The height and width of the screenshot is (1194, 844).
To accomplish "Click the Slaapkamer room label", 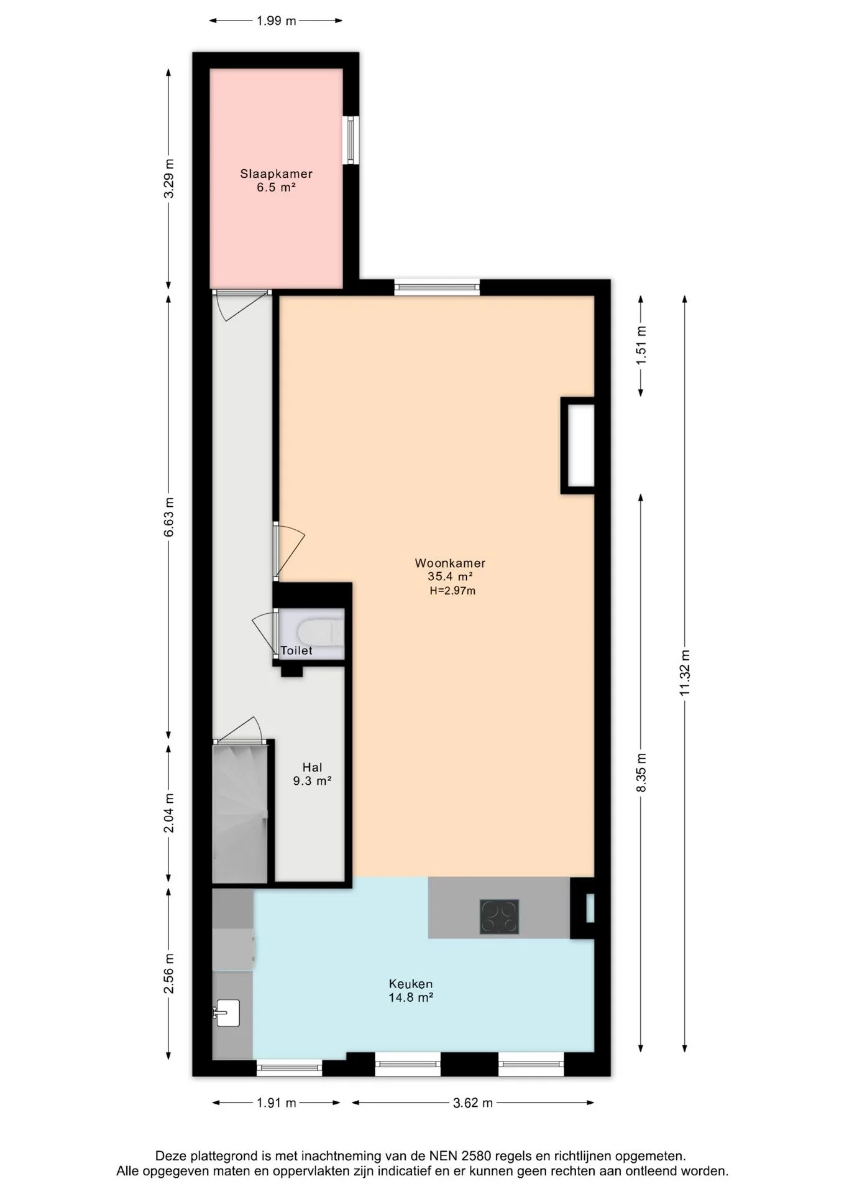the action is (x=276, y=180).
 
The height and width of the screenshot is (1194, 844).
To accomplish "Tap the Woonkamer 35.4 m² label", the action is (x=450, y=570).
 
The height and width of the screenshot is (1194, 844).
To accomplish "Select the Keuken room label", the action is (x=411, y=991).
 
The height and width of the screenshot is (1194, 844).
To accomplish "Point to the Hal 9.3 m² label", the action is (x=312, y=774).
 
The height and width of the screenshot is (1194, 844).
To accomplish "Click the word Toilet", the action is (x=296, y=650).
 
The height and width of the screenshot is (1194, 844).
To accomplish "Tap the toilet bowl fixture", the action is (x=319, y=634).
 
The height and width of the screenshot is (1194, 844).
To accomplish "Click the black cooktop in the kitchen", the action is (x=499, y=917).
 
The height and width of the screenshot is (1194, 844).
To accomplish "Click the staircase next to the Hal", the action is (x=240, y=813).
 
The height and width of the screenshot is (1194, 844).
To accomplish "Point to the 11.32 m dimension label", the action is (x=685, y=673).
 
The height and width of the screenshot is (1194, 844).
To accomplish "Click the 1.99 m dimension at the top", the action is (x=277, y=21).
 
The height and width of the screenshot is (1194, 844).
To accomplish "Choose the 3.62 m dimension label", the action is (x=473, y=1103).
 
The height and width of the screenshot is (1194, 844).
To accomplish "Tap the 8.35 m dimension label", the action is (x=641, y=772).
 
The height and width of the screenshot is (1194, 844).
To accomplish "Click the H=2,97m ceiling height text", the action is (x=452, y=591).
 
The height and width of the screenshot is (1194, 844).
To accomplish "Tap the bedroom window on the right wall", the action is (x=351, y=140).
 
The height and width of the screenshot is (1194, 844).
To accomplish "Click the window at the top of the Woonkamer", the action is (x=437, y=287).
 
